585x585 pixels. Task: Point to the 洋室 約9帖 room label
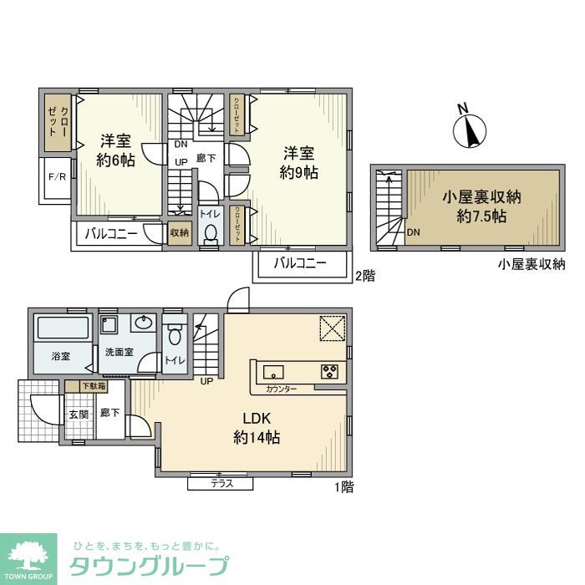(298, 163)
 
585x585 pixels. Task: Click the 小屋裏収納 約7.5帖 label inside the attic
(482, 206)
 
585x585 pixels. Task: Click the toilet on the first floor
(175, 334)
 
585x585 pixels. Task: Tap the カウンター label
(282, 389)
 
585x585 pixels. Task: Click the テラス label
(221, 483)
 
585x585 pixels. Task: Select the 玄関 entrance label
(78, 414)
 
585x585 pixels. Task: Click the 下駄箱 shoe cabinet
(93, 386)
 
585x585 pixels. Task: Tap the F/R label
(57, 177)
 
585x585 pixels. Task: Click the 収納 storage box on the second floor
(180, 233)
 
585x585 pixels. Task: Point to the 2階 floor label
(365, 275)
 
